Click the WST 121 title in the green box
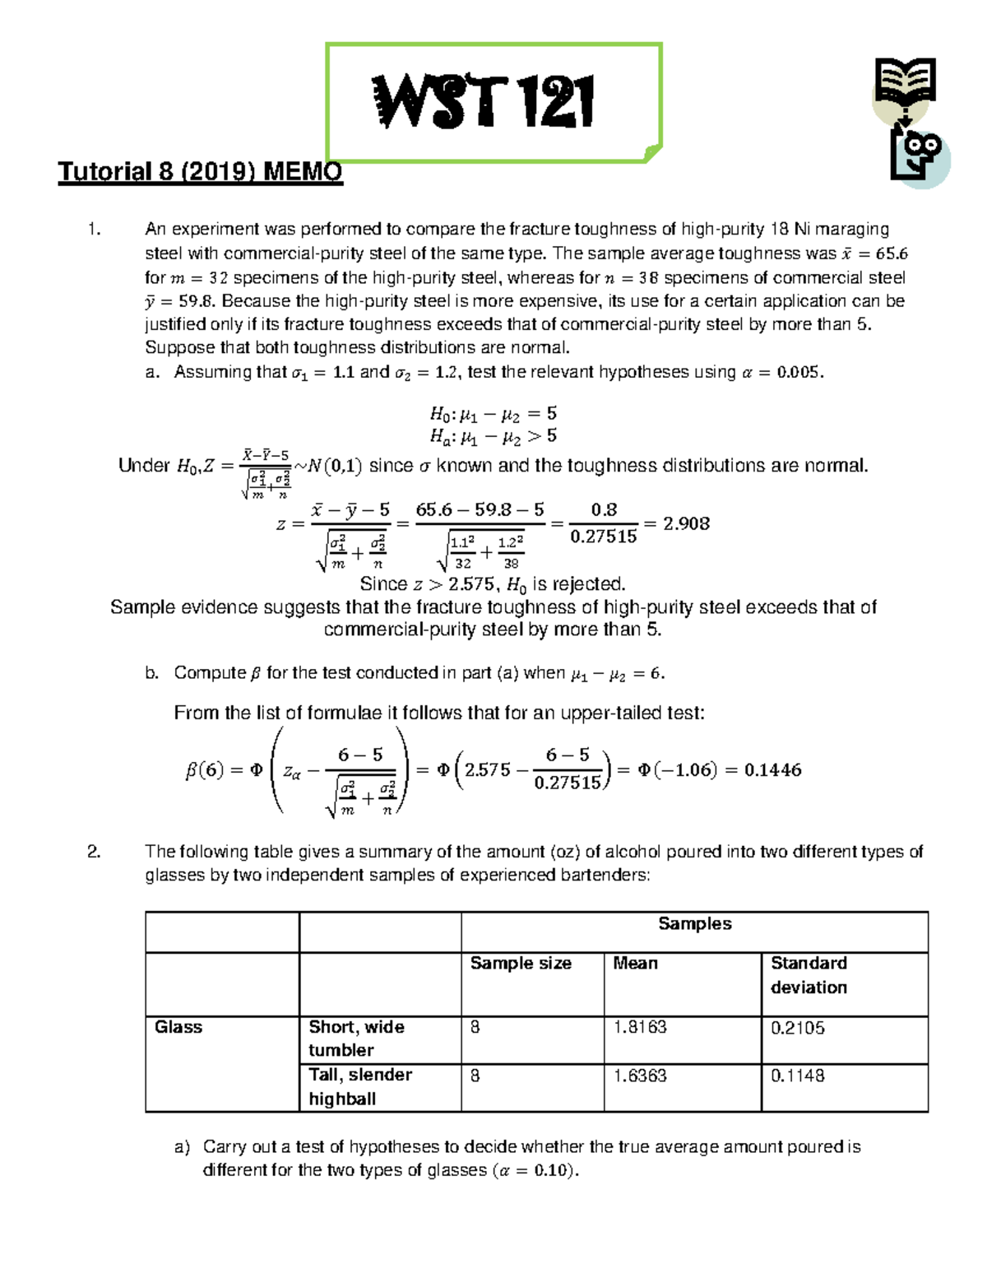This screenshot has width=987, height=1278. pos(484,102)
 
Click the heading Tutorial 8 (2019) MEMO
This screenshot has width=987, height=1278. pos(200,172)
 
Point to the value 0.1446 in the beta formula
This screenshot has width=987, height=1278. pos(772,770)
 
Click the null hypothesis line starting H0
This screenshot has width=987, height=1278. pos(493,413)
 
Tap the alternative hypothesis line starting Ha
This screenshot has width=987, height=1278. pos(493,435)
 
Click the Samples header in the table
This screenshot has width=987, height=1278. pos(694,924)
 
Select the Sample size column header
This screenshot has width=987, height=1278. pos(520,964)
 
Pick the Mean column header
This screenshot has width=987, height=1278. pos(635,964)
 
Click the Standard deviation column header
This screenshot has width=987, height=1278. pos(809,975)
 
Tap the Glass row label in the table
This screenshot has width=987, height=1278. pos(178,1027)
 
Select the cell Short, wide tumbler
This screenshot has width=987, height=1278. pos(356,1039)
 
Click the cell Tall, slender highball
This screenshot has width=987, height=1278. pos(359,1086)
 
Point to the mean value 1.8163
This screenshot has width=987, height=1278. pos(640,1028)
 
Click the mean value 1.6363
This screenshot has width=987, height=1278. pos(640,1076)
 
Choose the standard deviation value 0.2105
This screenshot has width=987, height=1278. pos(797,1028)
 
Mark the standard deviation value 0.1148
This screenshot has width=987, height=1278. pos(797,1076)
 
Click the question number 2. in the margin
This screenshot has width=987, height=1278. pos(94,852)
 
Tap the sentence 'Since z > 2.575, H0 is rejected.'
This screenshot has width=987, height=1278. pos(493,584)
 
